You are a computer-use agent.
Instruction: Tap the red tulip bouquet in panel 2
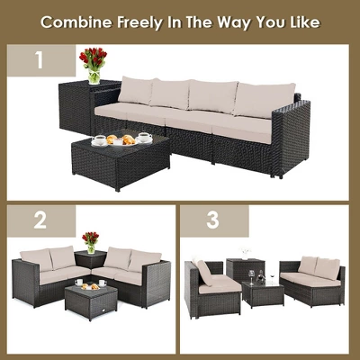coord(90,239)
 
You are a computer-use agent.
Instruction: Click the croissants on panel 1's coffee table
coord(121,139)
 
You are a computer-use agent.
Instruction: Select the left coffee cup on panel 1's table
coord(100,141)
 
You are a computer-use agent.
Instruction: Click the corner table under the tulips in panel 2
coord(89,262)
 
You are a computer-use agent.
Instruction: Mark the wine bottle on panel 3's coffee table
coord(260,274)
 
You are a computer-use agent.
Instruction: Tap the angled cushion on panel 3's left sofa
coord(204,271)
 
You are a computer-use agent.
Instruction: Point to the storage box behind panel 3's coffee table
coord(241,269)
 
